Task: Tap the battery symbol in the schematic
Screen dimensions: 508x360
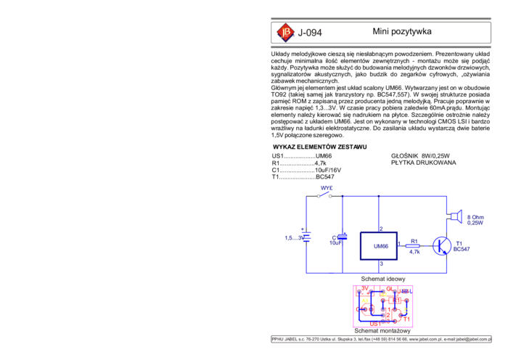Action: pos(306,237)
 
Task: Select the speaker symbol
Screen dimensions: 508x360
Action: pos(455,216)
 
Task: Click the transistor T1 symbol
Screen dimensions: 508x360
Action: pos(441,245)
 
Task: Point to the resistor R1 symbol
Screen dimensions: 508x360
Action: pos(414,245)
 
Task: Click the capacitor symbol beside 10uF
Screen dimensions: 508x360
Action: pos(343,237)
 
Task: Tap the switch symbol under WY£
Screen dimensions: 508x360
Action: pos(324,195)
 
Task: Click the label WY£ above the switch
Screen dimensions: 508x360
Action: pos(327,187)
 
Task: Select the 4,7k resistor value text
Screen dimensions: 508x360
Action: pos(414,252)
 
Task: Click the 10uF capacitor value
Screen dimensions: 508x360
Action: pos(335,243)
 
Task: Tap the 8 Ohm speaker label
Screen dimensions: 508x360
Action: pos(475,217)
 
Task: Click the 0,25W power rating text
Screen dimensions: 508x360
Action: pos(476,223)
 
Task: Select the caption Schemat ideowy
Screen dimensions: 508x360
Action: pos(383,279)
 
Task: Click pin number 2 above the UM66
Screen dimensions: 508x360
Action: pos(381,229)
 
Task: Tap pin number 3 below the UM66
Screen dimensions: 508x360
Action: pos(381,263)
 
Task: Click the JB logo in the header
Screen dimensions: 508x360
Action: pos(285,32)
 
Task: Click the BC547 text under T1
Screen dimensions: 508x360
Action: pos(462,250)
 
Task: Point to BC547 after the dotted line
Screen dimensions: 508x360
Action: pos(324,177)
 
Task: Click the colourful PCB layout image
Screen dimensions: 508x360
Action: pos(383,306)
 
